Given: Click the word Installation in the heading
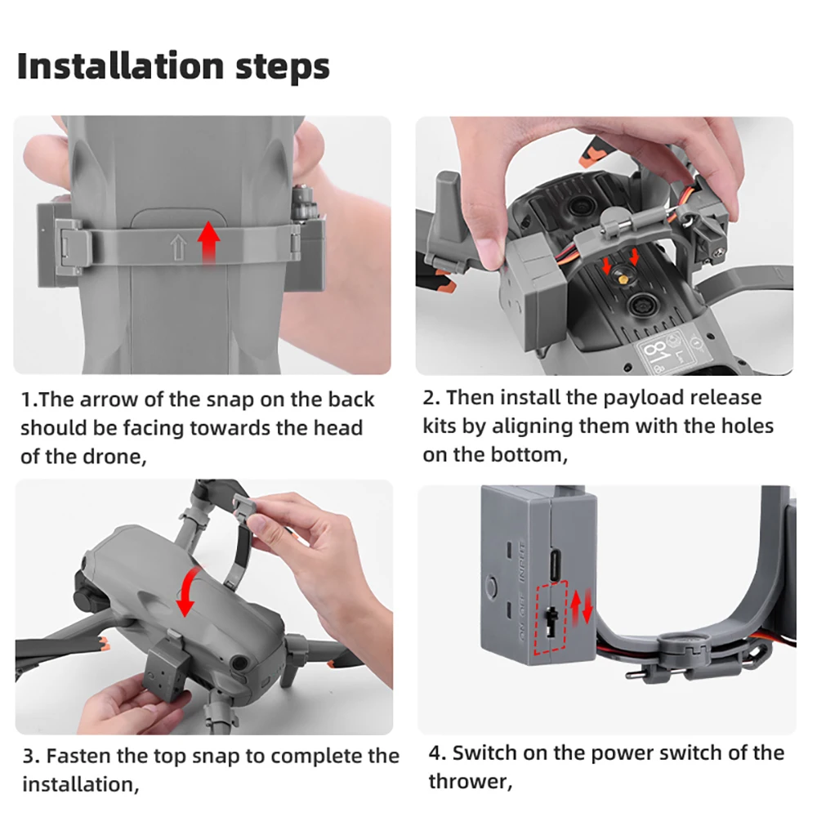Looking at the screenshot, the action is tap(120, 67).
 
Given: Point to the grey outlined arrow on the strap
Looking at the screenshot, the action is tap(178, 248).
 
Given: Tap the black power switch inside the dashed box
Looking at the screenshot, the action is tap(550, 621).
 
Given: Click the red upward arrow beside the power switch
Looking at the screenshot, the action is tap(575, 608).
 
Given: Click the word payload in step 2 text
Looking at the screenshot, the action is tap(644, 398).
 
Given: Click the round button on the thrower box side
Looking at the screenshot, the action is tap(490, 585).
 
